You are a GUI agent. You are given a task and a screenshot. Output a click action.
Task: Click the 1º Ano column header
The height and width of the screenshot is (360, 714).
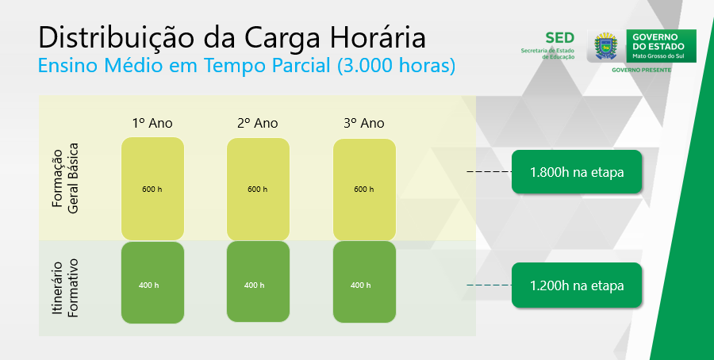coord(152,123)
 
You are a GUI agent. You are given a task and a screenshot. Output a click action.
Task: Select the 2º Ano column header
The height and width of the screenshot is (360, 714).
coord(257,123)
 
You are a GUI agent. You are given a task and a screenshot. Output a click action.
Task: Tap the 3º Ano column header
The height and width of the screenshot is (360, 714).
coord(364,123)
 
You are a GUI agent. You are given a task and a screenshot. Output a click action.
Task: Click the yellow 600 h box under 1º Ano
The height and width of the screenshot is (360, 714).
coord(152,189)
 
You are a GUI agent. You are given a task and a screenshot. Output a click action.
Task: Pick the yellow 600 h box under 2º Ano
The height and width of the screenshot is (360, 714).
coord(258,189)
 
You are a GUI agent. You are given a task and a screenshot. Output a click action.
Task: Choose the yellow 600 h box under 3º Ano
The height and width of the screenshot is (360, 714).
coord(364,190)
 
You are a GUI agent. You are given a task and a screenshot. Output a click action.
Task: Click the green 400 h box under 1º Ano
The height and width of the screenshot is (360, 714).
coord(152,282)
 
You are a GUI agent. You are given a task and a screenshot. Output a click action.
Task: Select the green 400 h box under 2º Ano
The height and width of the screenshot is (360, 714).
coord(258,281)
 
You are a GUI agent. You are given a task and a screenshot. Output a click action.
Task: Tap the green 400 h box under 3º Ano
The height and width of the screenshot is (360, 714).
coord(364,282)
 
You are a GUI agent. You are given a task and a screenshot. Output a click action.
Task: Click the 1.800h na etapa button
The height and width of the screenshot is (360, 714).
coord(577,172)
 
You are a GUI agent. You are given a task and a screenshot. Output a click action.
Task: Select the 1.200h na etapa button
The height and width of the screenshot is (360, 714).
coord(577,285)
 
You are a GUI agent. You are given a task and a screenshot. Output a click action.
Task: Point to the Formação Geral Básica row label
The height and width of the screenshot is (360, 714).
coord(65,178)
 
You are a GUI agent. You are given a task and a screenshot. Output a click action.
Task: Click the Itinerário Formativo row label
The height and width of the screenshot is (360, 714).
coord(65,288)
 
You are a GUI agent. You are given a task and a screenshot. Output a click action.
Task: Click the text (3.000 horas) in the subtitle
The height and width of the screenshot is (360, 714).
coord(396,66)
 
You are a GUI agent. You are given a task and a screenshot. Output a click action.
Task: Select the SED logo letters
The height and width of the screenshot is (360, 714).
coord(559,38)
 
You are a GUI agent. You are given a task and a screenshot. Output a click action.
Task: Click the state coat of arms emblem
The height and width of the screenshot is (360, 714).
coord(605,46)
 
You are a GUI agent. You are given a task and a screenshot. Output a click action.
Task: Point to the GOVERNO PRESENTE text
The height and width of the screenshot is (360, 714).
coord(641,70)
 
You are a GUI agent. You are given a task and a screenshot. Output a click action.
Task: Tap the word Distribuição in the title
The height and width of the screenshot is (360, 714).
coord(116,38)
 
